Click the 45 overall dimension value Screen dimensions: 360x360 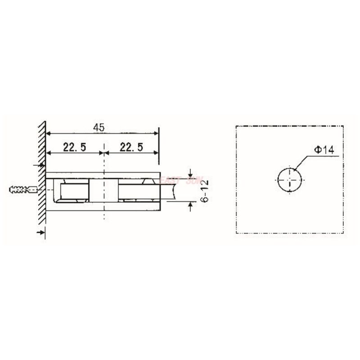99,127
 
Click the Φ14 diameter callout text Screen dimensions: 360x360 324,150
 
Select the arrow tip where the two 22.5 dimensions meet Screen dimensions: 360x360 104,153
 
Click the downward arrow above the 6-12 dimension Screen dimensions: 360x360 191,174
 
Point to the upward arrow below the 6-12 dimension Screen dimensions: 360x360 191,205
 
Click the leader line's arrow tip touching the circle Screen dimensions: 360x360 294,169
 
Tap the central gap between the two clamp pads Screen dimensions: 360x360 104,191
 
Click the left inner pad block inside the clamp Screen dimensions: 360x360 73,191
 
